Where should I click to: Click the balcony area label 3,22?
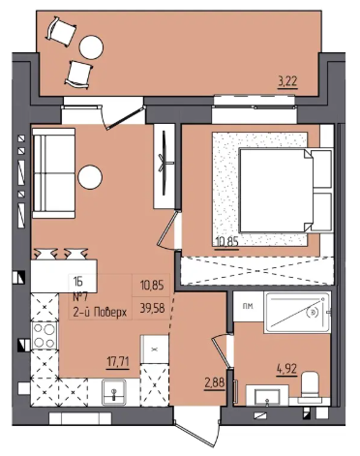coord(287,81)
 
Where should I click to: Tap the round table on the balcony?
coord(92,47)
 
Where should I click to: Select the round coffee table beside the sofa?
coord(90,177)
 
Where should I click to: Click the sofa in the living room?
coord(53,173)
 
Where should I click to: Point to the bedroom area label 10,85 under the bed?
coord(226,242)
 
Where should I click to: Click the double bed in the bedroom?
coord(286,190)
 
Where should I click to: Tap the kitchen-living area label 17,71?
coord(118,362)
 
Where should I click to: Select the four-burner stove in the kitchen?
coord(45,335)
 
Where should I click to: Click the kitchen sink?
coord(114,392)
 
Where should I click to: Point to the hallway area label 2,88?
coord(214,384)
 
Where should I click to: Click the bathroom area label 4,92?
coord(286,369)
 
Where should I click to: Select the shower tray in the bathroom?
coord(297,313)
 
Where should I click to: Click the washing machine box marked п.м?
coord(248,306)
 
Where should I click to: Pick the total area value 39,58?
coord(153,309)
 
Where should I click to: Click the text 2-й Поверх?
coord(100,313)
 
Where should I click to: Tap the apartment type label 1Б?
coord(77,282)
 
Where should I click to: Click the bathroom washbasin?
coord(267,396)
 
